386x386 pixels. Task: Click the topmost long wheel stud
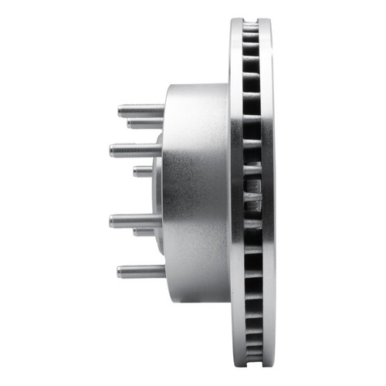tap(141, 110)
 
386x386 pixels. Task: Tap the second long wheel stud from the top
tap(135, 149)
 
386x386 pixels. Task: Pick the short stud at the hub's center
tap(143, 171)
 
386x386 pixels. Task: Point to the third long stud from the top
tap(135, 220)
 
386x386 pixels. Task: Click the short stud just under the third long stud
tap(145, 231)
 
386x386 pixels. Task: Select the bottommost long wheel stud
tap(141, 271)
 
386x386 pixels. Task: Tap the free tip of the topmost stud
tap(120, 110)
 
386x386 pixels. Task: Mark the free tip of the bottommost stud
tap(120, 271)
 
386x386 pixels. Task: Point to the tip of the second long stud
tap(112, 149)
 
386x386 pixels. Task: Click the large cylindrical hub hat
tap(197, 185)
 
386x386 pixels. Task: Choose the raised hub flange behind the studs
tap(157, 185)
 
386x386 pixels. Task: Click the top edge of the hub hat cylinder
tap(197, 85)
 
